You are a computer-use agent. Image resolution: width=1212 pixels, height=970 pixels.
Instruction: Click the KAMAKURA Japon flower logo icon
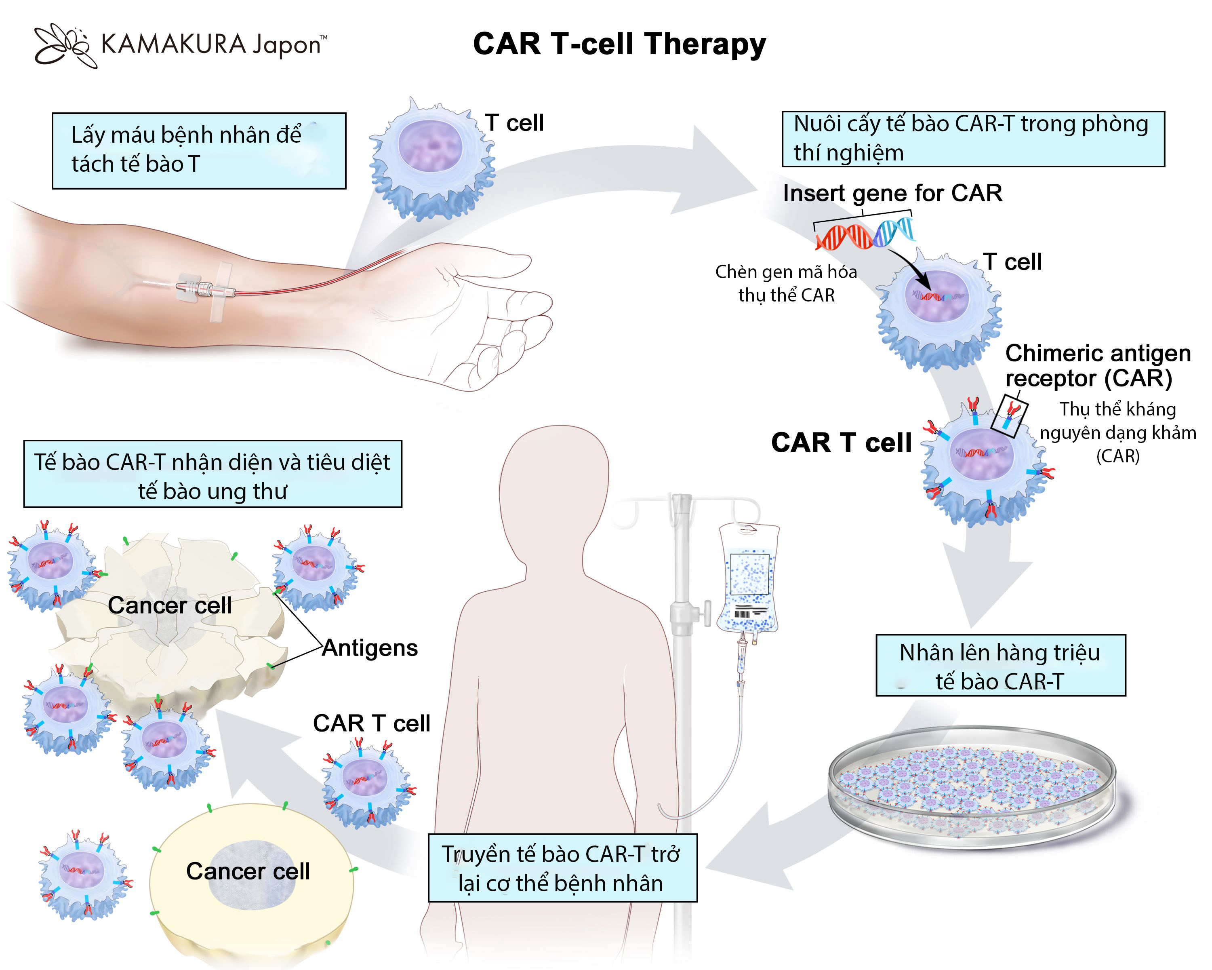coord(63,45)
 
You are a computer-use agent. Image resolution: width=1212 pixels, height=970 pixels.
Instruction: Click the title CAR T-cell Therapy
coord(619,44)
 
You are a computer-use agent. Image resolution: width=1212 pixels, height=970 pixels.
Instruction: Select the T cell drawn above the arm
coord(431,159)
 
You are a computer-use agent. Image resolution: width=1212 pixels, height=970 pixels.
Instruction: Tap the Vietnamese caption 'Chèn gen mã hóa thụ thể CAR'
coord(786,283)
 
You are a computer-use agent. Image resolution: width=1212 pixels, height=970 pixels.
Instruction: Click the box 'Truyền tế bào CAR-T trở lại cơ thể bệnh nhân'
coord(562,868)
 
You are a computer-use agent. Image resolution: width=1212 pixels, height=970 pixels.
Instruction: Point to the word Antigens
coord(370,648)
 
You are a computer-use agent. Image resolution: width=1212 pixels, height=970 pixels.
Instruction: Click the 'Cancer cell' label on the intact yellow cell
coord(248,871)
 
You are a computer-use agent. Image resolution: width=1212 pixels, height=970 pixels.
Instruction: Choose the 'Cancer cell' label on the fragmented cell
coord(169,605)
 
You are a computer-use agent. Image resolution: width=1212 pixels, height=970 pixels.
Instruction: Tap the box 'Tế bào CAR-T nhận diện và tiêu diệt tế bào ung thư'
coord(213,474)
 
